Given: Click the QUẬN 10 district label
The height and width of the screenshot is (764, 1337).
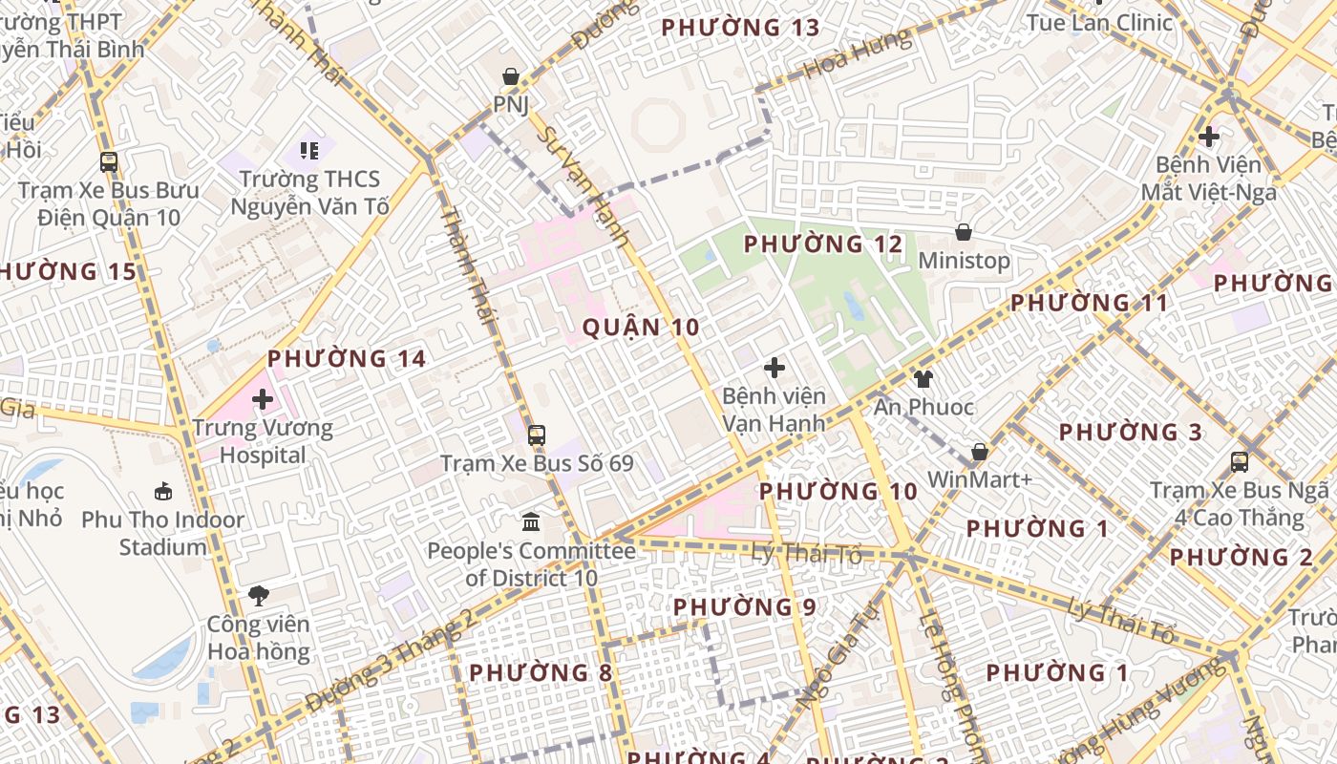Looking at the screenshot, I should click(x=641, y=328).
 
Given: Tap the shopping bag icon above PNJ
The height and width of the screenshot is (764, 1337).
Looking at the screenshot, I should click(x=511, y=76).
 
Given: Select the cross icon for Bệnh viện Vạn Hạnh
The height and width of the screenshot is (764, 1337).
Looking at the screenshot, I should click(x=775, y=367).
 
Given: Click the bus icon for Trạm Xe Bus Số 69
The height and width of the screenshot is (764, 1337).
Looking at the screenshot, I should click(x=537, y=435).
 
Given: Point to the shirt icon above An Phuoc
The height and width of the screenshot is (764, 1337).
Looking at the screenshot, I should click(x=923, y=379).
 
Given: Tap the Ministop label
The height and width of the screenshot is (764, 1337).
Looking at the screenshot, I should click(x=964, y=261).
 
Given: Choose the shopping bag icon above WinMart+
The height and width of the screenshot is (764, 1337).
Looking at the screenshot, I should click(x=979, y=452).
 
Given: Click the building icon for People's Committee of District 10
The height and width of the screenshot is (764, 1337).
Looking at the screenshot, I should click(x=531, y=522).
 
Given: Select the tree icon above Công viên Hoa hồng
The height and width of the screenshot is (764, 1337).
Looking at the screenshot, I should click(x=258, y=596).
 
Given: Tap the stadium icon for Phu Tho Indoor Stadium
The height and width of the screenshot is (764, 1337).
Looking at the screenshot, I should click(x=163, y=492).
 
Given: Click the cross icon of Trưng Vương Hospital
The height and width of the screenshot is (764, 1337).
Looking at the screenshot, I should click(x=263, y=398).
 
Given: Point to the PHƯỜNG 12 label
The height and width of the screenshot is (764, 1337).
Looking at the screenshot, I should click(x=822, y=244).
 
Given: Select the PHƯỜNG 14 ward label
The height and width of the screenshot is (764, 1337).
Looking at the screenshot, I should click(x=346, y=359).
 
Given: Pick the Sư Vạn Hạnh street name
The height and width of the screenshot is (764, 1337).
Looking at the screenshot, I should click(x=582, y=186).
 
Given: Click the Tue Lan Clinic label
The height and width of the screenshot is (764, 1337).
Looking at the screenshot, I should click(x=1099, y=22).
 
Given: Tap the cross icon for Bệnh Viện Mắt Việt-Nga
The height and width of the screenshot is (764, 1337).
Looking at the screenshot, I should click(x=1209, y=137).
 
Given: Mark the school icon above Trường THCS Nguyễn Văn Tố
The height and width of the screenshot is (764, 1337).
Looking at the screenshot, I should click(x=308, y=150).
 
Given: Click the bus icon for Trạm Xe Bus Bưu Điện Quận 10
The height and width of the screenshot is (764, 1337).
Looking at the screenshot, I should click(x=109, y=161).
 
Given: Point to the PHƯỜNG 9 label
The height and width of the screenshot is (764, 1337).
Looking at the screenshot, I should click(x=744, y=607).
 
